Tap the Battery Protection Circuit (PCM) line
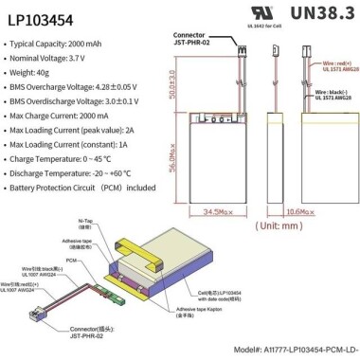point(83,188)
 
